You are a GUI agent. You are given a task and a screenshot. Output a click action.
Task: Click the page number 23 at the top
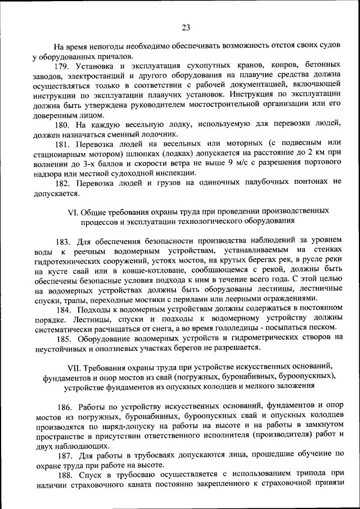tap(186, 27)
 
